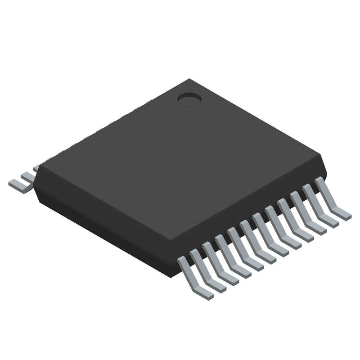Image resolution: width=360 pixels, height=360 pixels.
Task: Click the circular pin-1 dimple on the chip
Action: pyautogui.click(x=189, y=98)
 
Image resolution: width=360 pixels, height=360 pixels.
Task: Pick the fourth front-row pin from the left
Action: pyautogui.click(x=232, y=255)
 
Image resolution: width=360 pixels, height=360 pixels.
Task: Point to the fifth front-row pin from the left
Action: pyautogui.click(x=245, y=247)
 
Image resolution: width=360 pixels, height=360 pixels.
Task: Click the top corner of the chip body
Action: pyautogui.click(x=189, y=80)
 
